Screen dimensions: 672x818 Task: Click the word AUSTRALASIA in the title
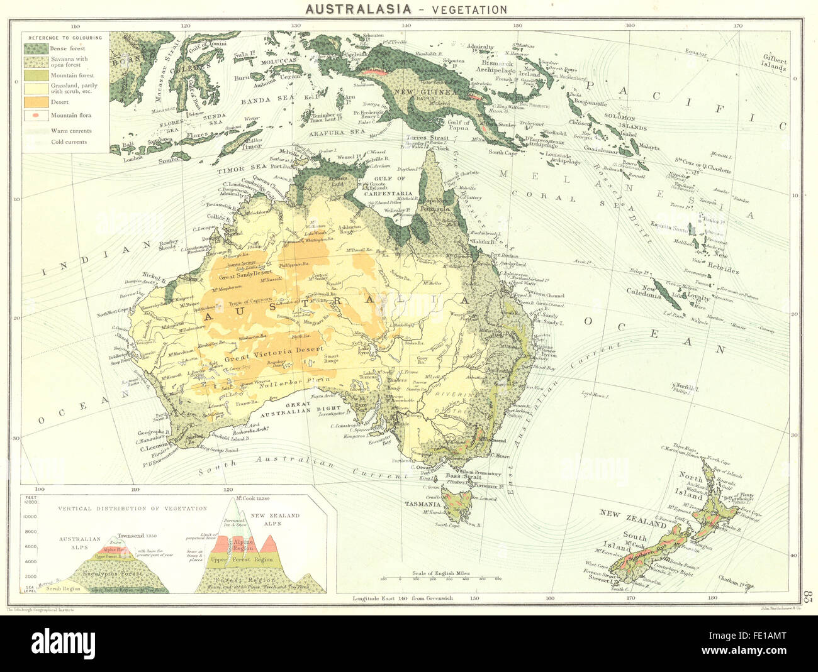tap(358, 9)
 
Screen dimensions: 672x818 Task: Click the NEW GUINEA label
tap(415, 92)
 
